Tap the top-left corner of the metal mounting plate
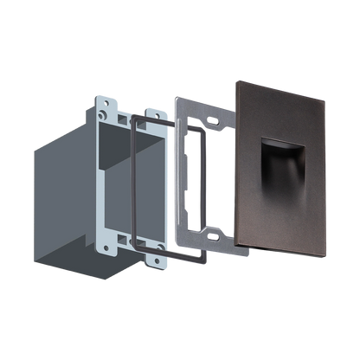[175, 94]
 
